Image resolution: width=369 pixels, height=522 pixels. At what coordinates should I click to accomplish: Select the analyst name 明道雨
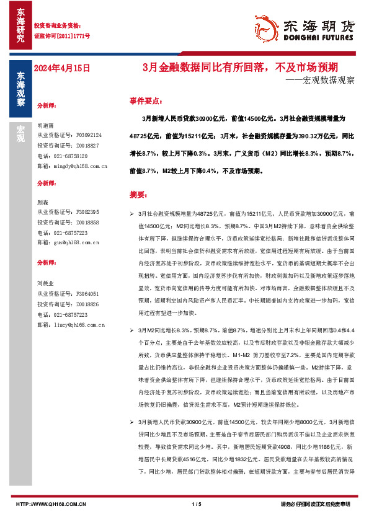pos(46,124)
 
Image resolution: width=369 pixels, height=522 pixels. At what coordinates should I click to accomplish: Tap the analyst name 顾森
pos(43,202)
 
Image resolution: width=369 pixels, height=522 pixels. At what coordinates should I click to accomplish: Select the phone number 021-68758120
pos(63,156)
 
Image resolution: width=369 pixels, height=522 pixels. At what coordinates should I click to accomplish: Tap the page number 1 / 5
pos(197,503)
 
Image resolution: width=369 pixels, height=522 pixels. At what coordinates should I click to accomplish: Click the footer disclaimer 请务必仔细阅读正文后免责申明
pos(316,503)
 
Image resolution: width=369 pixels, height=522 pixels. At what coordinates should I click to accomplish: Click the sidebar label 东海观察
pos(20,90)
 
